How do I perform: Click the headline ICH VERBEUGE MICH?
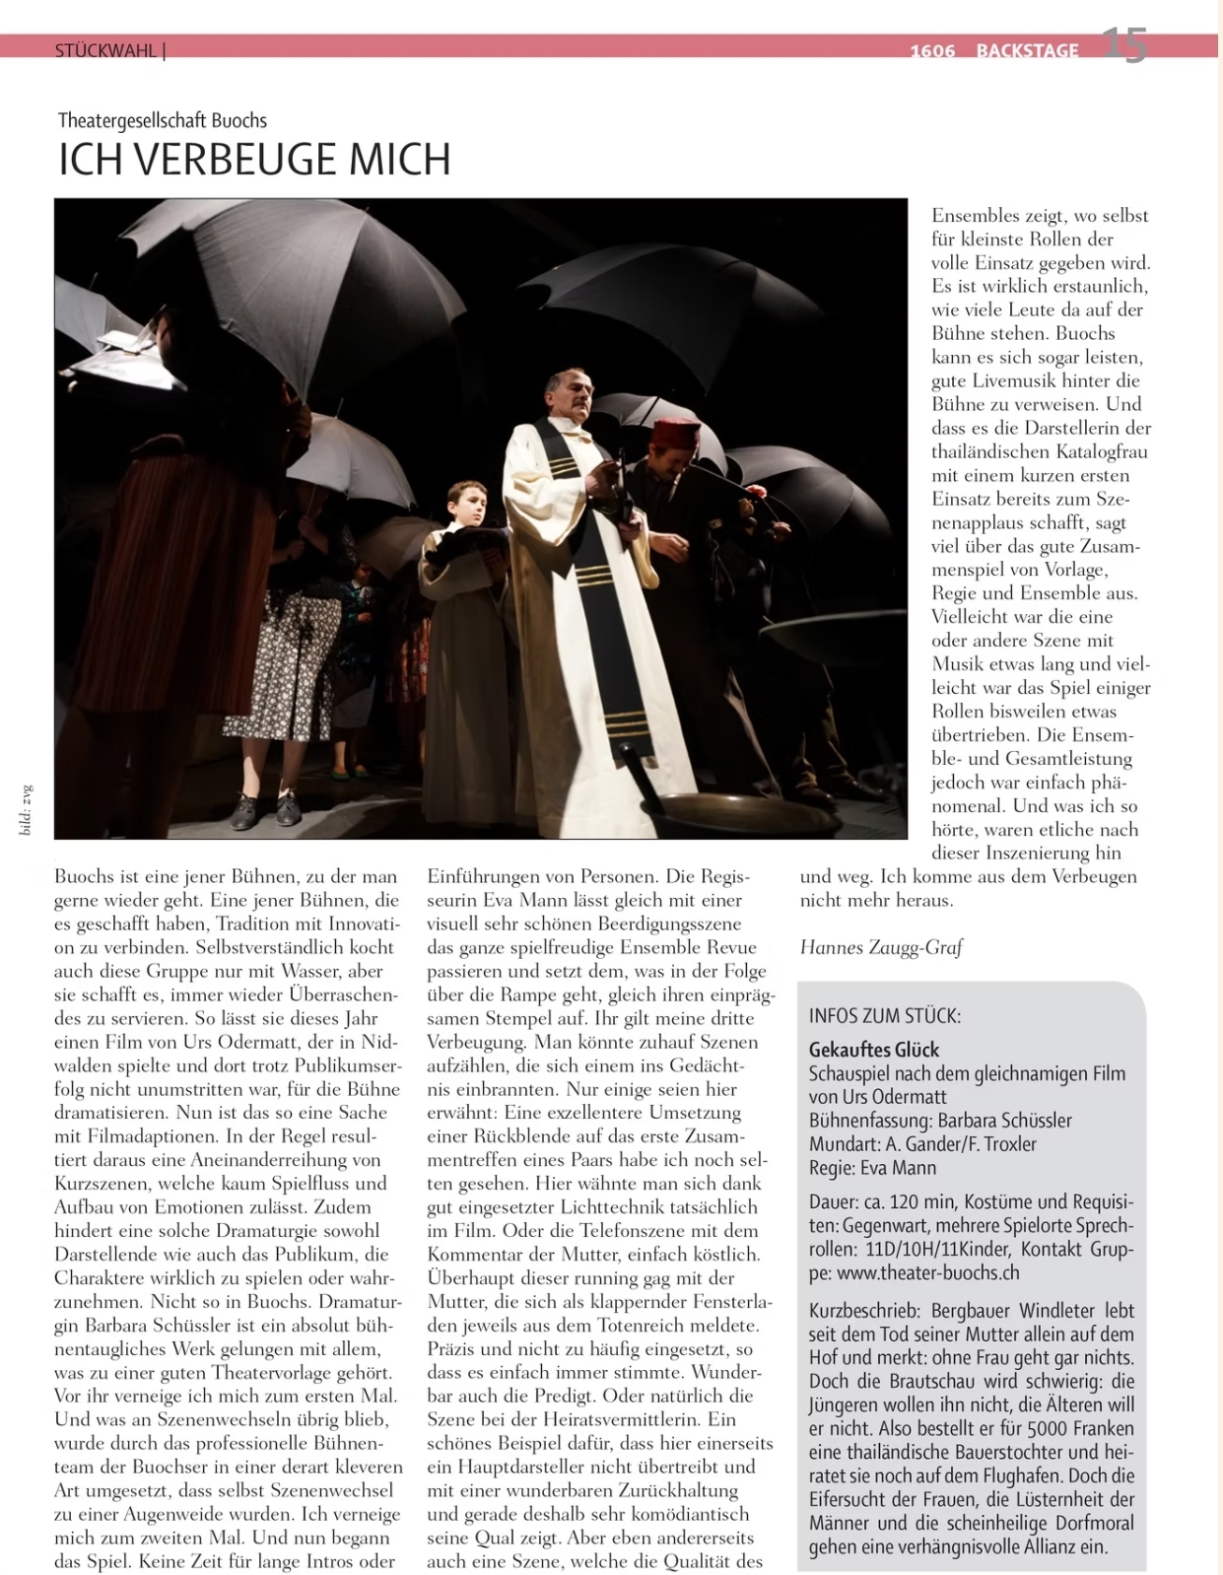pyautogui.click(x=254, y=160)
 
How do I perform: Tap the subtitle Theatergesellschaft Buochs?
pyautogui.click(x=163, y=121)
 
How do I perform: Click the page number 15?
pyautogui.click(x=1123, y=45)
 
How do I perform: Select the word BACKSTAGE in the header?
pyautogui.click(x=1027, y=51)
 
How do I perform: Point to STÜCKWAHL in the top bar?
pyautogui.click(x=105, y=50)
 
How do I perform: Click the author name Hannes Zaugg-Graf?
pyautogui.click(x=880, y=947)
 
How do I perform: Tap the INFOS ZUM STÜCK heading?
pyautogui.click(x=884, y=1016)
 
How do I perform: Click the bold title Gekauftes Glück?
pyautogui.click(x=873, y=1050)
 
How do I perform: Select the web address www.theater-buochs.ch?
pyautogui.click(x=927, y=1272)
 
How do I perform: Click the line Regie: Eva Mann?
pyautogui.click(x=872, y=1168)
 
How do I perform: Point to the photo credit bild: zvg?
pyautogui.click(x=27, y=809)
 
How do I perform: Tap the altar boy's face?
pyautogui.click(x=470, y=506)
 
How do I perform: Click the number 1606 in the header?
pyautogui.click(x=932, y=51)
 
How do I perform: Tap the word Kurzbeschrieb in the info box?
pyautogui.click(x=853, y=1311)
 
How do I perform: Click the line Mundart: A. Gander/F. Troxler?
pyautogui.click(x=922, y=1144)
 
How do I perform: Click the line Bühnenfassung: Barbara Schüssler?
pyautogui.click(x=940, y=1121)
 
